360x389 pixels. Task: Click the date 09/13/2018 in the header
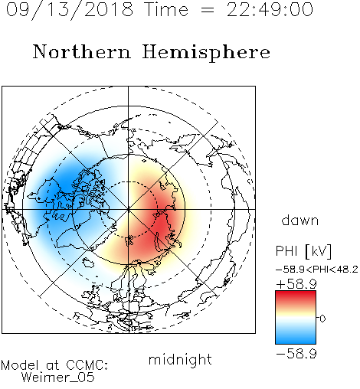pos(70,10)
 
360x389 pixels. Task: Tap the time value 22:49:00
pos(270,10)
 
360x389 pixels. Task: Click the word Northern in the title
pos(82,52)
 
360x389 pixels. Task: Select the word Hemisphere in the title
pos(206,53)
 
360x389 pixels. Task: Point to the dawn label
pos(300,220)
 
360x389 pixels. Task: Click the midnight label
pos(180,359)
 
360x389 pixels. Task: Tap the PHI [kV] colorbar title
pos(303,251)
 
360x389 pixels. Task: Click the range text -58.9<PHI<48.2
pos(317,270)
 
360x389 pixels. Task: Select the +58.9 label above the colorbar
pos(296,284)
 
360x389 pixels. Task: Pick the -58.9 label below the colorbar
pos(296,354)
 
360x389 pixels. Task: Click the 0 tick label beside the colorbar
pos(322,319)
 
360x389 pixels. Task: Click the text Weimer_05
pos(58,378)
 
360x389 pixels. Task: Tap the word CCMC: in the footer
pos(87,365)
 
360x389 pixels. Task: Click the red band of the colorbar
pos(296,296)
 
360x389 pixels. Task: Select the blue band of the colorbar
pos(296,338)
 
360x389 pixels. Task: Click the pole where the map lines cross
pos(129,209)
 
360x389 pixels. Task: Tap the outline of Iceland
pos(88,262)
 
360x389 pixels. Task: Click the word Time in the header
pos(166,10)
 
